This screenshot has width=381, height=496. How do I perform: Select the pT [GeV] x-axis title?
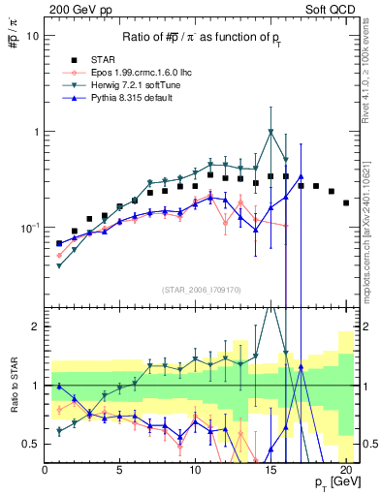coord(330,480)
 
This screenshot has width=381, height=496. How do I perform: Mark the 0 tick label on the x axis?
coord(45,469)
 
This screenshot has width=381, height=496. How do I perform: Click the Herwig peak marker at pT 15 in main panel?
coord(270,132)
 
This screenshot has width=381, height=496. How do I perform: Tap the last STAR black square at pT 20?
coord(346,202)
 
